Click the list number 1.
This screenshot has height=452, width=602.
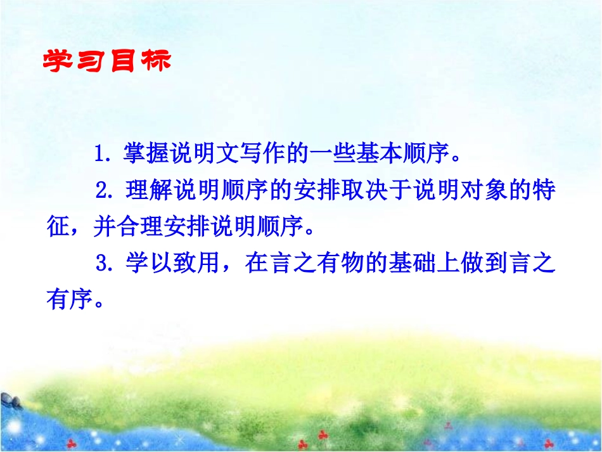(x=100, y=154)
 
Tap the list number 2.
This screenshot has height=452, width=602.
(x=103, y=190)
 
